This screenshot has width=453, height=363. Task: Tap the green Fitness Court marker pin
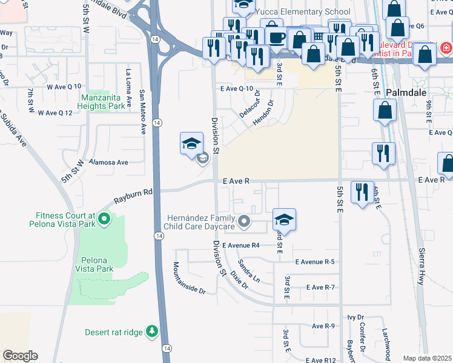(104, 218)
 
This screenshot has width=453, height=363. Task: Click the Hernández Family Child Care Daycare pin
(243, 222)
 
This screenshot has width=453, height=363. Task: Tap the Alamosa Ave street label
(108, 162)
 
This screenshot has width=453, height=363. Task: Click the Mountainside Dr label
(189, 278)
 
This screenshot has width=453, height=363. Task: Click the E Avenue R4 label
(240, 246)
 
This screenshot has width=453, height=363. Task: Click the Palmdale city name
(406, 93)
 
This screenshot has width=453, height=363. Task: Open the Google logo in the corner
(20, 355)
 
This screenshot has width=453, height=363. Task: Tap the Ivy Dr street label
(355, 316)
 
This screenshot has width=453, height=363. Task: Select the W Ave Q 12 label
(55, 113)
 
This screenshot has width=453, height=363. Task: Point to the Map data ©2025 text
(427, 358)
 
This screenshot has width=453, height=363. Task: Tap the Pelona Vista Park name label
(94, 264)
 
